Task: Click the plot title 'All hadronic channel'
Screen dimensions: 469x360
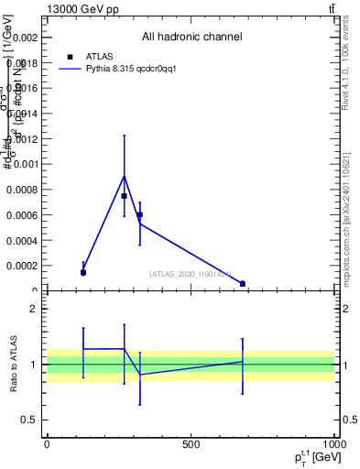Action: point(191,38)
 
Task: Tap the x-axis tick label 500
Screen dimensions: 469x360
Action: point(191,444)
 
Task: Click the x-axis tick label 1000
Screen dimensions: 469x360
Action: point(333,444)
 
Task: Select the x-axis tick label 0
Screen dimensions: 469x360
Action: point(47,444)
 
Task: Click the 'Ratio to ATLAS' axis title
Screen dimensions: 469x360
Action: point(14,364)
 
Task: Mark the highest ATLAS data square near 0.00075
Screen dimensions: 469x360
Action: point(124,196)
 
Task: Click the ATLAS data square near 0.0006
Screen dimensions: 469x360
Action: point(139,214)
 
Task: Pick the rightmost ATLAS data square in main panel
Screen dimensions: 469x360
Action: point(243,284)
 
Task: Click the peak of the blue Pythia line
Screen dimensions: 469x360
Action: point(124,176)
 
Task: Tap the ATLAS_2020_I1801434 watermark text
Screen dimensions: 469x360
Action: point(191,274)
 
